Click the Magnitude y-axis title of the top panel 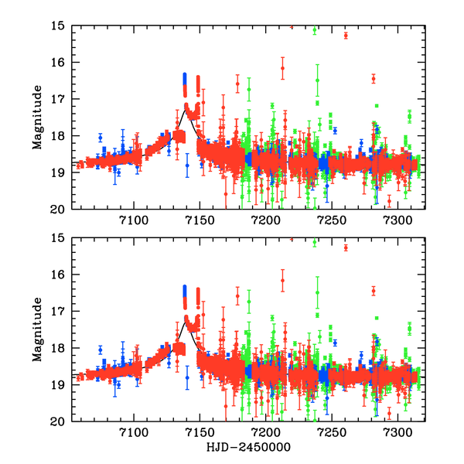coord(37,117)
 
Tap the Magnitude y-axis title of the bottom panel coord(37,329)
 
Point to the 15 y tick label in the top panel coord(56,26)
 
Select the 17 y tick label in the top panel coord(56,99)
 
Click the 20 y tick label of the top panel coord(56,209)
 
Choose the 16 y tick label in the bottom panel coord(56,275)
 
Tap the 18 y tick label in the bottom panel coord(56,349)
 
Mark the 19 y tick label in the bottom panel coord(56,385)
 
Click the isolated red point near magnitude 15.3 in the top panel coord(346,36)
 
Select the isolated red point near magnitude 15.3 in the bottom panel coord(346,247)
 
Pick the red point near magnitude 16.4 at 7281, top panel coord(374,78)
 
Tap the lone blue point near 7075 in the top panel coord(100,138)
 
